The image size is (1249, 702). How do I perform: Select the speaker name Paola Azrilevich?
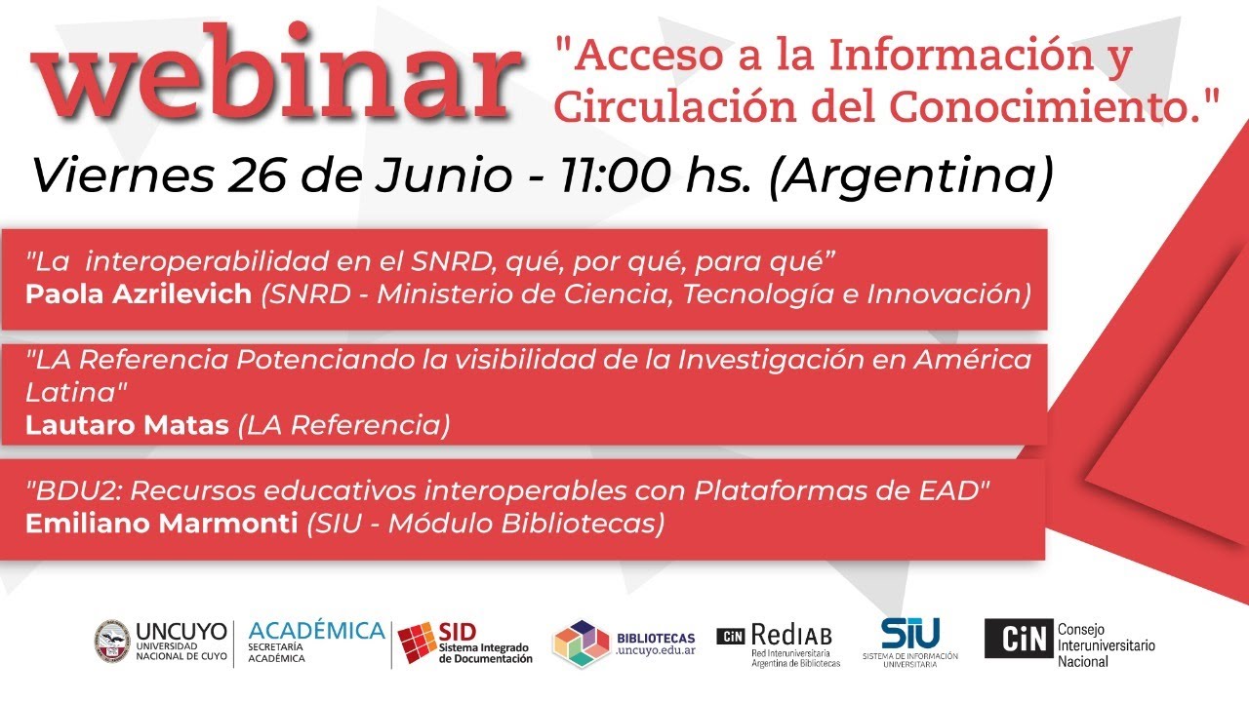point(139,294)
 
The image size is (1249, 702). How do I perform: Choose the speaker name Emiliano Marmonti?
point(161,523)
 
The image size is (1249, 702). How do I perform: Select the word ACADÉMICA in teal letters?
point(316,631)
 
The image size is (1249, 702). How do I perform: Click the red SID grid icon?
point(417,644)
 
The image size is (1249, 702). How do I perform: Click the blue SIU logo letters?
point(909,633)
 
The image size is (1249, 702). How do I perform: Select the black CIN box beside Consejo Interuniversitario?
point(1018,639)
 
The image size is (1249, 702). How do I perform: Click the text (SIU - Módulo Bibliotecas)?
point(484,523)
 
